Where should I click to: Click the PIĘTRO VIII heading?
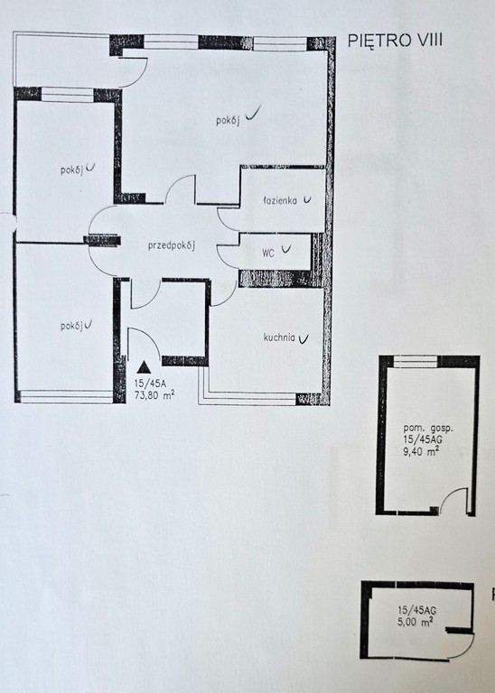pos(395,41)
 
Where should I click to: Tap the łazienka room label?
pos(280,200)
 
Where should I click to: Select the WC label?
pos(268,254)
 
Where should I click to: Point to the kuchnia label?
pos(279,337)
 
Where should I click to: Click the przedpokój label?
pos(172,245)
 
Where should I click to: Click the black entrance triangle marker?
pos(143,367)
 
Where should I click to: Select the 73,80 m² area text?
pos(154,394)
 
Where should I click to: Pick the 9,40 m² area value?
pos(421,451)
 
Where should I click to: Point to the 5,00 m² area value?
pos(415,622)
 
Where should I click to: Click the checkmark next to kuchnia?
pos(304,338)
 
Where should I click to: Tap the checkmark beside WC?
pos(286,250)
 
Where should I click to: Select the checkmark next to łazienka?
pos(306,200)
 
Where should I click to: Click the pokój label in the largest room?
pos(228,120)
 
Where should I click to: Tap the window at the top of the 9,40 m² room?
pos(416,362)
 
